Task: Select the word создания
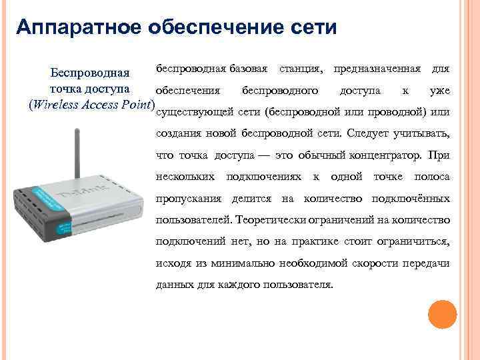coord(175,133)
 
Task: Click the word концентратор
coord(383,155)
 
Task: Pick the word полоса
coord(432,177)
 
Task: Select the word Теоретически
coord(269,220)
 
